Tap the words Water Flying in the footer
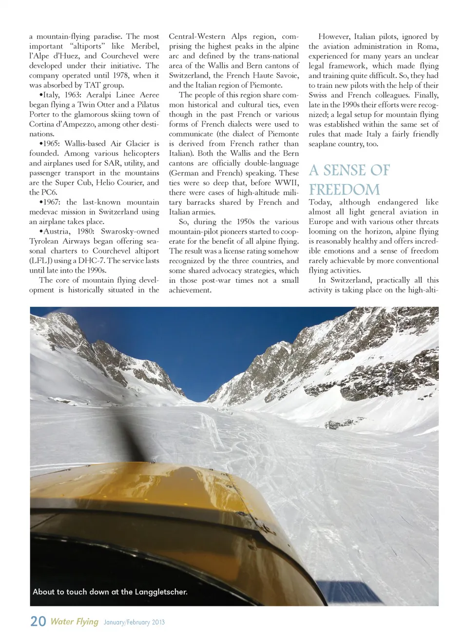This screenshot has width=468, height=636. [x=75, y=621]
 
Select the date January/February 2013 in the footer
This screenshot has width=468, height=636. [x=134, y=622]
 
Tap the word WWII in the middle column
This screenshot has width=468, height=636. [x=287, y=183]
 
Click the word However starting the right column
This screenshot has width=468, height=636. [x=334, y=37]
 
